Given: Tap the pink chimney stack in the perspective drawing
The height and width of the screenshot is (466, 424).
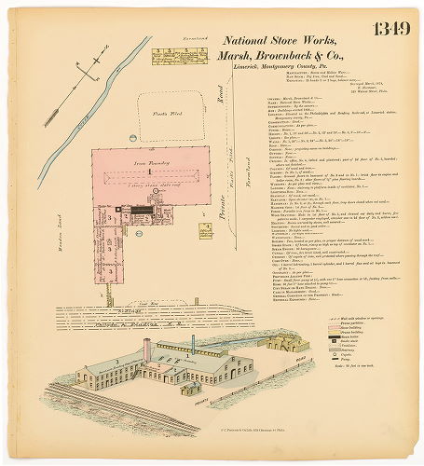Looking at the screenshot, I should (x=146, y=350).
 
